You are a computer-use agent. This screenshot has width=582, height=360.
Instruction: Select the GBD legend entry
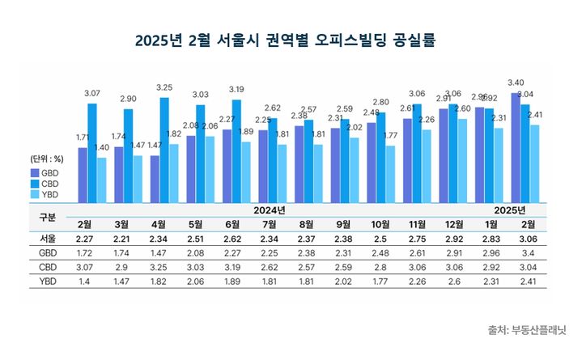click(45, 172)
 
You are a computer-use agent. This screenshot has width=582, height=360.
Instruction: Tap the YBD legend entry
click(45, 194)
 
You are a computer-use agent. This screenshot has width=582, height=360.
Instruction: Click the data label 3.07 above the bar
click(92, 93)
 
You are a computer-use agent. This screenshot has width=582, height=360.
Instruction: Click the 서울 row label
click(48, 239)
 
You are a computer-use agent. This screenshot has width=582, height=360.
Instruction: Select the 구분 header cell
click(48, 217)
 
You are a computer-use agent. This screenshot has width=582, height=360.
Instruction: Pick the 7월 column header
click(271, 224)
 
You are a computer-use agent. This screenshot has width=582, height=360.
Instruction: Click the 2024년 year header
click(271, 210)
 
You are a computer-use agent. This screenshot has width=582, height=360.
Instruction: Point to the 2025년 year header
click(510, 210)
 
